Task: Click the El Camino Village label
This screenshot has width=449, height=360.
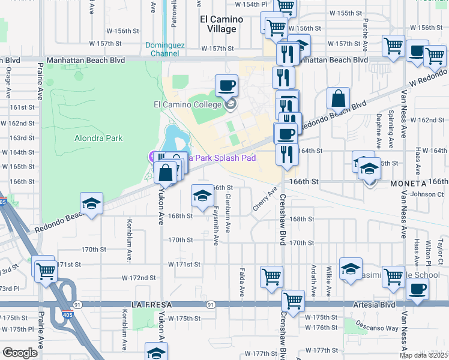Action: pyautogui.click(x=221, y=23)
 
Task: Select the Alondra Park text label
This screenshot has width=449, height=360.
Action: pyautogui.click(x=98, y=138)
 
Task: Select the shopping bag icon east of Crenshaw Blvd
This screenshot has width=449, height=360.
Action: pyautogui.click(x=339, y=99)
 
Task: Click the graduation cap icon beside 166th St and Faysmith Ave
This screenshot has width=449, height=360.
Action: pyautogui.click(x=202, y=196)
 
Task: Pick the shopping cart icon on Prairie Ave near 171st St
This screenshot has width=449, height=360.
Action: pyautogui.click(x=45, y=269)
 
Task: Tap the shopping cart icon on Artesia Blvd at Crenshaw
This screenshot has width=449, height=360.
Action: pyautogui.click(x=293, y=301)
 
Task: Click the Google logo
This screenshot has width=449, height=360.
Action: pyautogui.click(x=19, y=353)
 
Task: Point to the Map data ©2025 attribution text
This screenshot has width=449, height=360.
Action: pyautogui.click(x=423, y=355)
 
